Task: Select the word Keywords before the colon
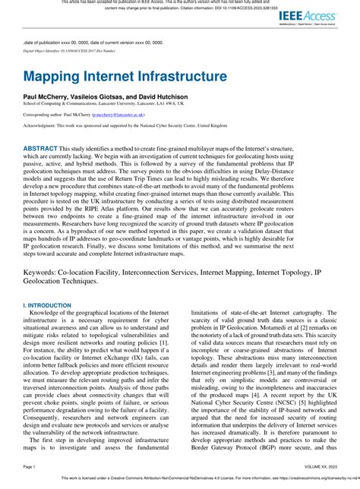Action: [x=45, y=272]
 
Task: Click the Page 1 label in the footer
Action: [x=30, y=465]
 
